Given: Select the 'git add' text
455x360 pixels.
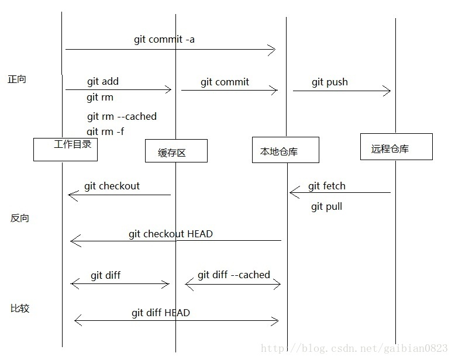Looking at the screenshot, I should coord(103,82).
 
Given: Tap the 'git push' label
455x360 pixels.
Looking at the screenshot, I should coord(330,82).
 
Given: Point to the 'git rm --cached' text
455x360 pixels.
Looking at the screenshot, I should coord(122,116).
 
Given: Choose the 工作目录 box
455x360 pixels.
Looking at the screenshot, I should coord(66,149).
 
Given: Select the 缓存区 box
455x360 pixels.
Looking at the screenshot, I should coord(176,151).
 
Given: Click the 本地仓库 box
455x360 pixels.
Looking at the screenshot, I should coord(285,150).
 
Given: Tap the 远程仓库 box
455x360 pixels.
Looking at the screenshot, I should coord(397,147).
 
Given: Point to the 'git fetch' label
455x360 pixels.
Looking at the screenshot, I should coord(327,186).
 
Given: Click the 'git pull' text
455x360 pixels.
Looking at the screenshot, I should coord(326,206).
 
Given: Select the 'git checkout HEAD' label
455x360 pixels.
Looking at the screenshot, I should coord(171,234).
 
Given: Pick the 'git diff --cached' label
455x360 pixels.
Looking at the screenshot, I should coord(234,275).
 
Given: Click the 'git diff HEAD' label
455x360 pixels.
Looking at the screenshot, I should coord(161,313).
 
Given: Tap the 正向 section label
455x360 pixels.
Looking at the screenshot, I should coord(17,79).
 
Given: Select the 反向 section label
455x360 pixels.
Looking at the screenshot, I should coord(20,219).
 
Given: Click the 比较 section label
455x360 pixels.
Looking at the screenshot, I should coord(20,308).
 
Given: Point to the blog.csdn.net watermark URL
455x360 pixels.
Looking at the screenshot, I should coord(354,348).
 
